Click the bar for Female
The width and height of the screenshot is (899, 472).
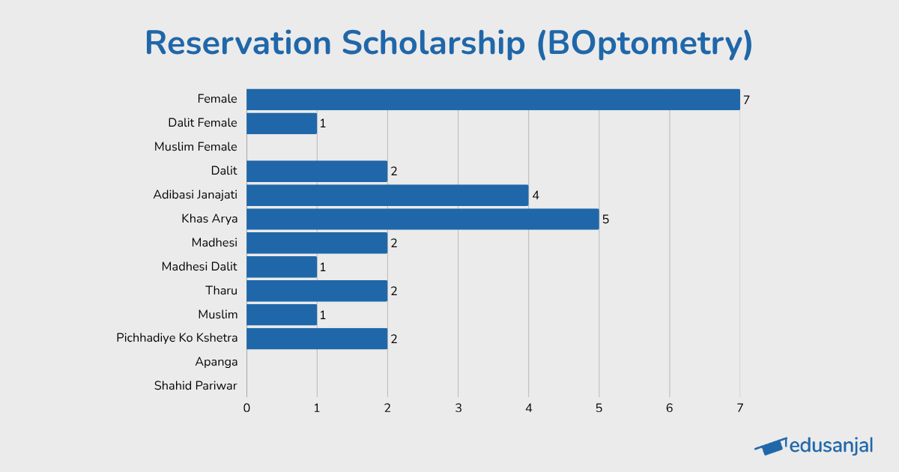(493, 99)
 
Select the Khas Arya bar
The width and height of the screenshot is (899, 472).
(423, 219)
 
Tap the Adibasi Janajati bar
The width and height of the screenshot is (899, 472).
(387, 195)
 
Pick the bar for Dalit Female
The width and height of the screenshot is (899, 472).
(282, 123)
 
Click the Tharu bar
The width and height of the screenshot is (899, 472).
(317, 291)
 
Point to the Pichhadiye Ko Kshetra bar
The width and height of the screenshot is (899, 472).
(317, 339)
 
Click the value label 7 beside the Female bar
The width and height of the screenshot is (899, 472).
(746, 100)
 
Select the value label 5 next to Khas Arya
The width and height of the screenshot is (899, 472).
(605, 220)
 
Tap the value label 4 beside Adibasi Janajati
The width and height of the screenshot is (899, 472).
(535, 196)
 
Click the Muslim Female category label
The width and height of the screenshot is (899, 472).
(196, 147)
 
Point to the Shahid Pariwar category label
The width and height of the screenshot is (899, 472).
(196, 386)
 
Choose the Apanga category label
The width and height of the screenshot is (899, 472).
(216, 362)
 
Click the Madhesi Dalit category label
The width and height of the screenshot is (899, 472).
(199, 266)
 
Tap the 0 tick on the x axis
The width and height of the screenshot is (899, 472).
(246, 408)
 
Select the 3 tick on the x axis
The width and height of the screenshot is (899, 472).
(458, 408)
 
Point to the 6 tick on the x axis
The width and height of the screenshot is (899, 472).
(669, 408)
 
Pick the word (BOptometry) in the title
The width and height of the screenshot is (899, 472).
(644, 43)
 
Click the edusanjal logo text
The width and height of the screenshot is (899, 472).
(832, 446)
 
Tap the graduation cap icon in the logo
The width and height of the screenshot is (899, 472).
(771, 447)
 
